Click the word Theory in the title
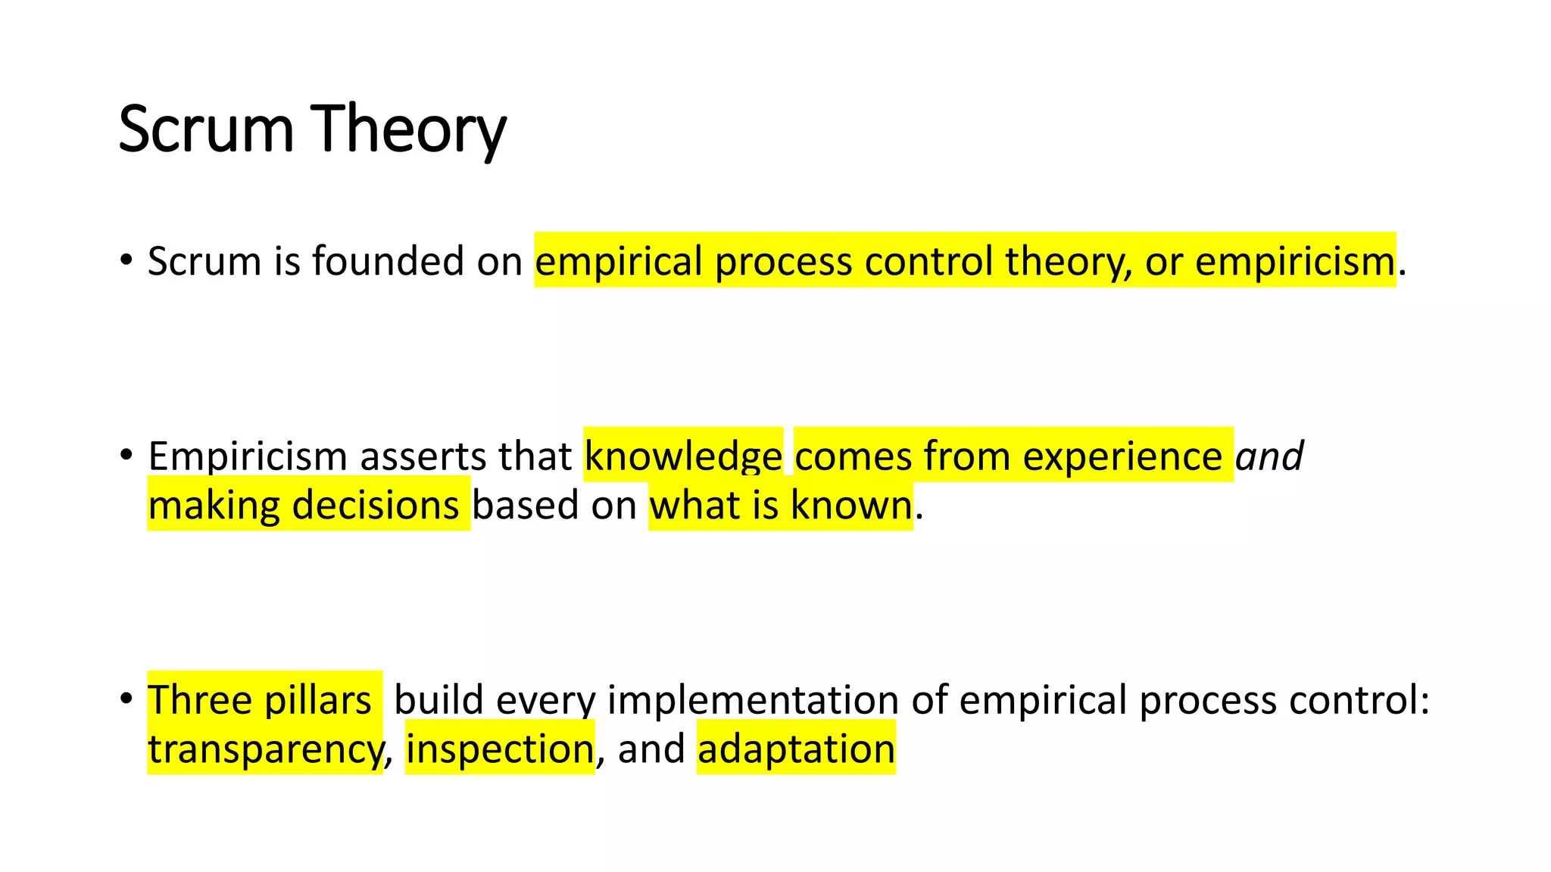[x=408, y=130]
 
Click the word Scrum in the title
[x=205, y=130]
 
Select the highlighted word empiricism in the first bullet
[x=1294, y=261]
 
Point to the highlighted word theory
[x=1068, y=261]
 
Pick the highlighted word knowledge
[x=683, y=456]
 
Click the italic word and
[x=1269, y=456]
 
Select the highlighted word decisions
[x=376, y=505]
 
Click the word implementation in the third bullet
[x=753, y=699]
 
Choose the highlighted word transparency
[x=266, y=749]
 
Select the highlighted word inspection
[x=500, y=749]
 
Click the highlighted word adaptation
[x=796, y=749]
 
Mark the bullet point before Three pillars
[x=126, y=698]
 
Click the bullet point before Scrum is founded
[x=126, y=260]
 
